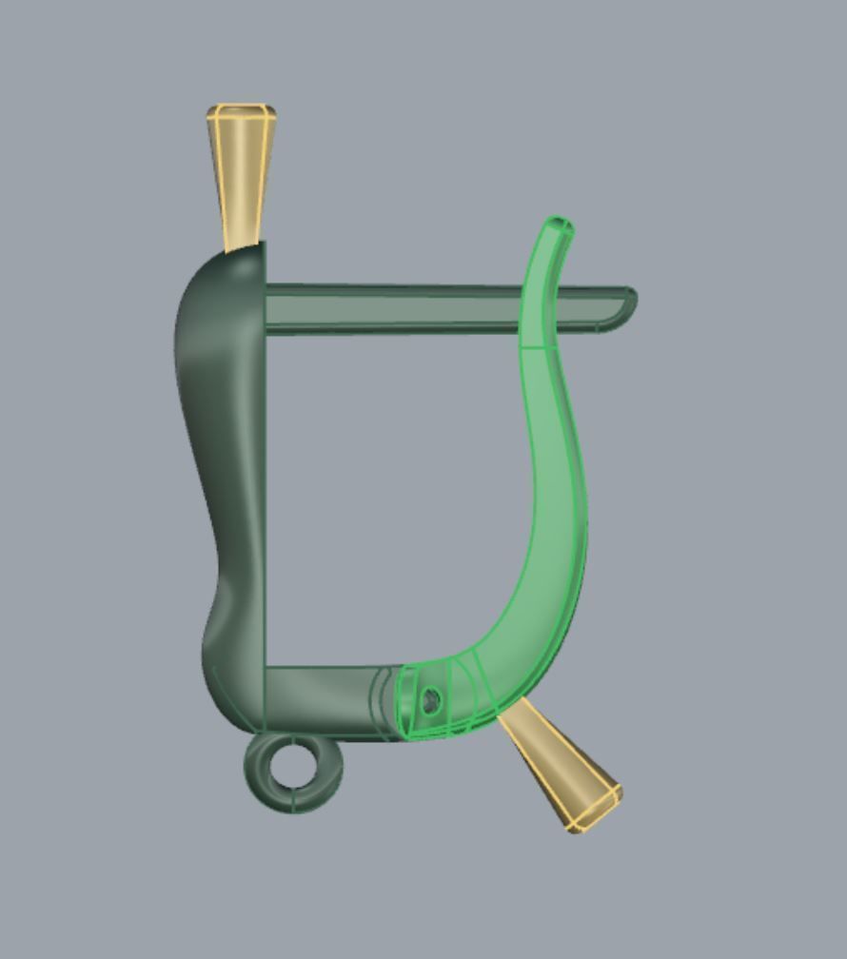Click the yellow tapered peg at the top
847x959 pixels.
tap(242, 176)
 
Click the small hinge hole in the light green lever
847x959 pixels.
tap(430, 702)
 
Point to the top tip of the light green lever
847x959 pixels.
tap(558, 225)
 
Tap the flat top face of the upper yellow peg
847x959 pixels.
tap(242, 111)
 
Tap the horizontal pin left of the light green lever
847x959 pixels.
tap(390, 308)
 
